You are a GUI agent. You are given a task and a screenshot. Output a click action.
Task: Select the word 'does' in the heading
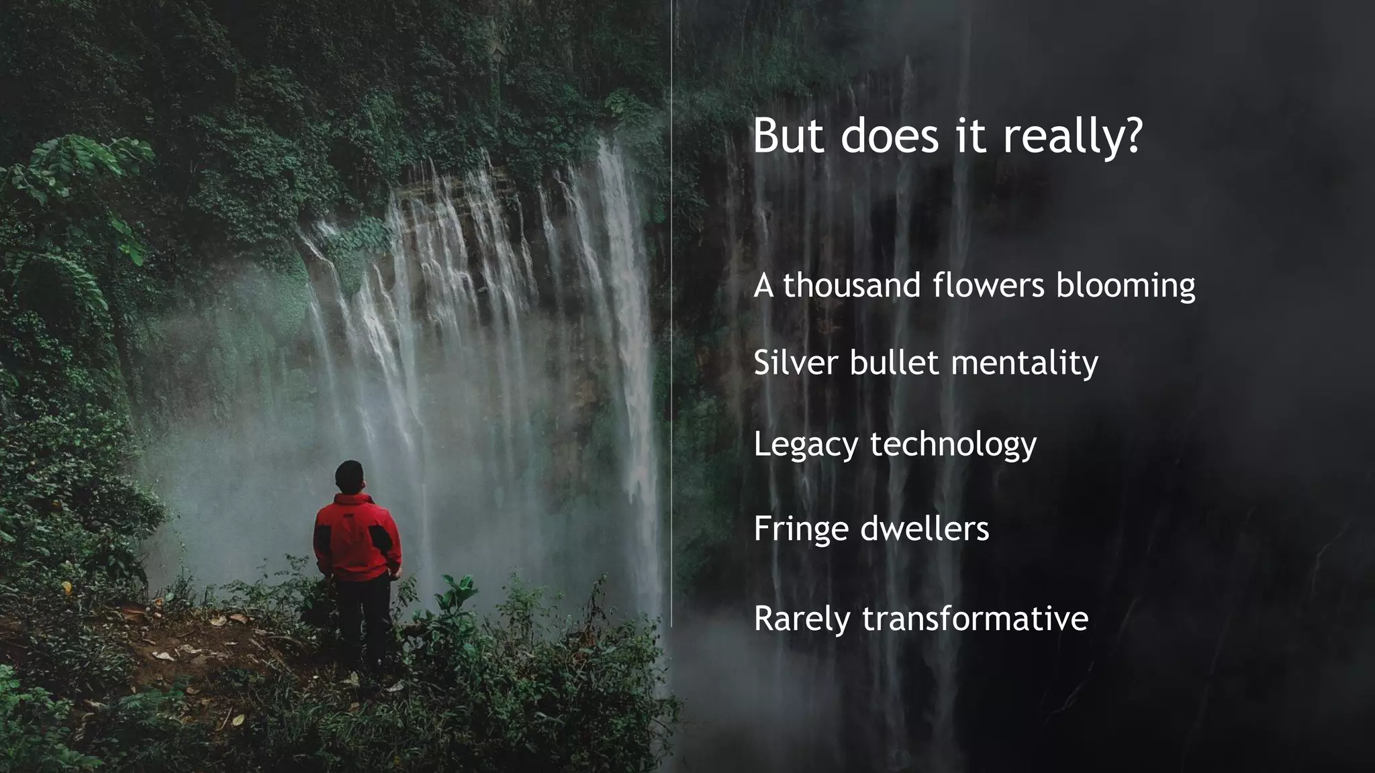890,136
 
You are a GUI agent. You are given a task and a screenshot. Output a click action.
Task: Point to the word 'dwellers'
924,529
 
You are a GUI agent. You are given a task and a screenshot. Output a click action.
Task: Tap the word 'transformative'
975,618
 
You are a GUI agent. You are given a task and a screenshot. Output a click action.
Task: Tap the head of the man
350,476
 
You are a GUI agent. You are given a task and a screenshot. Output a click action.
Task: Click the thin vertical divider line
671,336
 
